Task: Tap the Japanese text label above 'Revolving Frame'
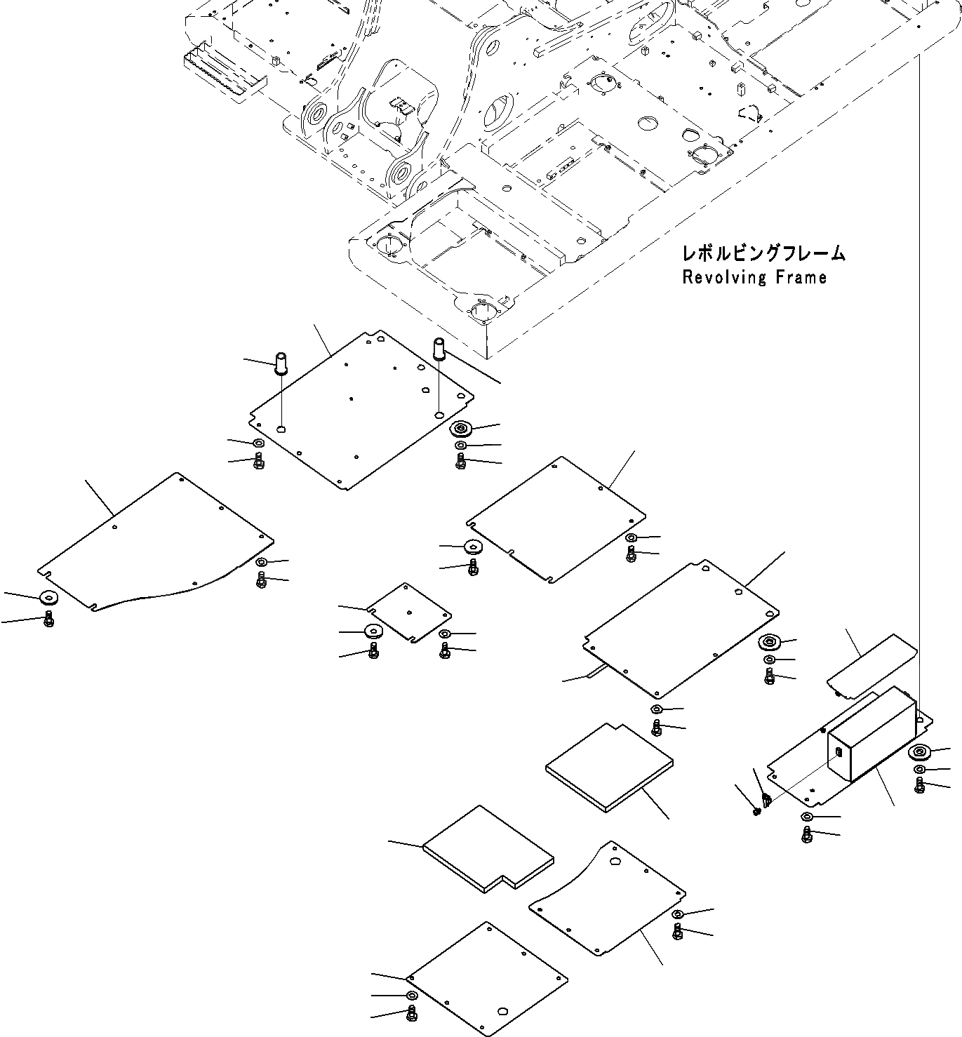[x=763, y=253]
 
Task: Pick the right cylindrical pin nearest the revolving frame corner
[x=441, y=348]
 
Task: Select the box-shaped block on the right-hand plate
[x=872, y=734]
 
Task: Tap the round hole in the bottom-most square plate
[x=502, y=1012]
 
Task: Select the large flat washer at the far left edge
[x=49, y=598]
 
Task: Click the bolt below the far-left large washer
[x=48, y=619]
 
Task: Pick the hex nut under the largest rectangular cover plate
[x=655, y=709]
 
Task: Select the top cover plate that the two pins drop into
[x=361, y=410]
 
